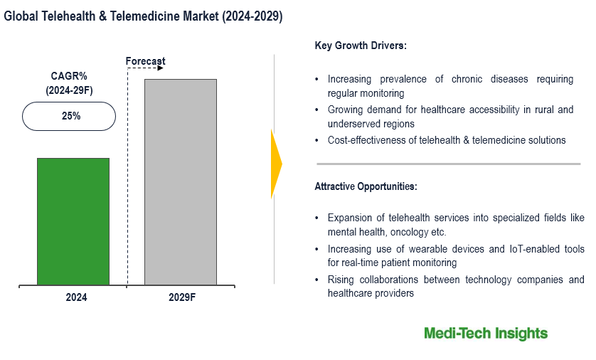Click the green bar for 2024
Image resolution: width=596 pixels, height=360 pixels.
pyautogui.click(x=73, y=221)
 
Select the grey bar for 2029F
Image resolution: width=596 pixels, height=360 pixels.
pyautogui.click(x=181, y=182)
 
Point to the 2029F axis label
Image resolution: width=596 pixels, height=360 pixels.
pyautogui.click(x=181, y=298)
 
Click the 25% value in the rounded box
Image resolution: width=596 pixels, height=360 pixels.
pyautogui.click(x=70, y=116)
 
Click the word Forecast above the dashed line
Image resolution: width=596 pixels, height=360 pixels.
pyautogui.click(x=146, y=61)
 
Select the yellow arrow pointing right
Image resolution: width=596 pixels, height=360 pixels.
pyautogui.click(x=277, y=164)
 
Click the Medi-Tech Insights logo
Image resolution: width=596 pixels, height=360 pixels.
pyautogui.click(x=486, y=333)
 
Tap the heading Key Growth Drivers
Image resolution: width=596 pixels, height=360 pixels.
pyautogui.click(x=361, y=46)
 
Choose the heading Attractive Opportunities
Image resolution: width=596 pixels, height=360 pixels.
pyautogui.click(x=366, y=186)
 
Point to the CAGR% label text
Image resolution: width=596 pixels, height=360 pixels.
pyautogui.click(x=69, y=77)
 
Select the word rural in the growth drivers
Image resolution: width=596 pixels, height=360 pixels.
pyautogui.click(x=535, y=110)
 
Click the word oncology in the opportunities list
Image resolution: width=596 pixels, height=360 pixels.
pyautogui.click(x=412, y=232)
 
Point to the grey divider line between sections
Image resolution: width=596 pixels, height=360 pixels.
pyautogui.click(x=447, y=164)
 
